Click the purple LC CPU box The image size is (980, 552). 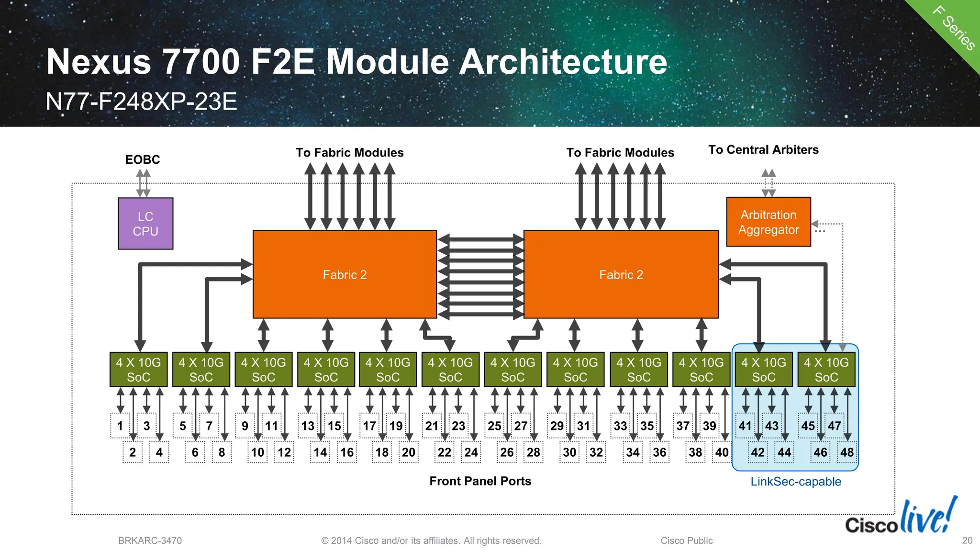pyautogui.click(x=145, y=224)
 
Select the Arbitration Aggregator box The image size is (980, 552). pyautogui.click(x=768, y=222)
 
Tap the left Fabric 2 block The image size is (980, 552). pyautogui.click(x=345, y=274)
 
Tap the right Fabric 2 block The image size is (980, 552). pyautogui.click(x=621, y=274)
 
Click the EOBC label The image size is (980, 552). pyautogui.click(x=143, y=159)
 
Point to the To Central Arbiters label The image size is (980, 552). pyautogui.click(x=763, y=150)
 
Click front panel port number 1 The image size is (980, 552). pyautogui.click(x=120, y=426)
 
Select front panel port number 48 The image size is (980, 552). pyautogui.click(x=846, y=452)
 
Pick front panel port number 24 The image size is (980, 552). pyautogui.click(x=471, y=452)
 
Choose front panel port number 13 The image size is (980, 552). pyautogui.click(x=308, y=426)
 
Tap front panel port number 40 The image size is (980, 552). pyautogui.click(x=722, y=452)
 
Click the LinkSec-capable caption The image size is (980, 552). pyautogui.click(x=795, y=482)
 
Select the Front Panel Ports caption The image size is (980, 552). pyautogui.click(x=480, y=481)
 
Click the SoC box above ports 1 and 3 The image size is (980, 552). pyautogui.click(x=139, y=370)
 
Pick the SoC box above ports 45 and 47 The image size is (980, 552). pyautogui.click(x=826, y=370)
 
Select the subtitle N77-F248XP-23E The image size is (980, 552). pyautogui.click(x=142, y=101)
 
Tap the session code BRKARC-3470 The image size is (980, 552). pyautogui.click(x=150, y=541)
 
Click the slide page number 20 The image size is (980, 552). pyautogui.click(x=967, y=541)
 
